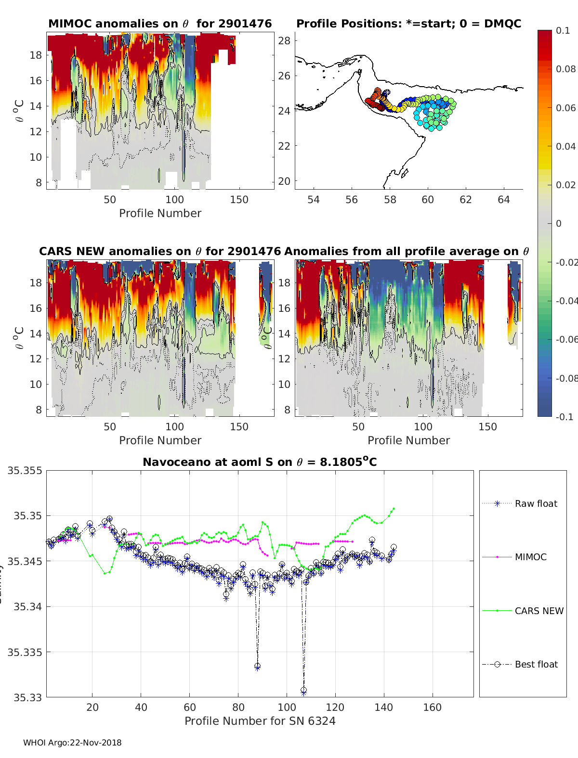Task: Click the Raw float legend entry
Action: tap(536, 503)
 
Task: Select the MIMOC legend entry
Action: tap(530, 557)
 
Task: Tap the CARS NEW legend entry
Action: tap(539, 611)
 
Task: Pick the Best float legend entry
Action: tap(536, 664)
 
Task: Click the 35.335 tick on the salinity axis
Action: tap(25, 652)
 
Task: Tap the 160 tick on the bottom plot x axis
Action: tap(432, 707)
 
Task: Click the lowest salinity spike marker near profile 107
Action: tap(303, 691)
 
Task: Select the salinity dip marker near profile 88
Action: tap(258, 667)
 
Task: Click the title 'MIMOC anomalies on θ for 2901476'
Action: tap(160, 24)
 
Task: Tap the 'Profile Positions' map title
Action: tap(408, 24)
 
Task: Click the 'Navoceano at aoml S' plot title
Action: tap(260, 462)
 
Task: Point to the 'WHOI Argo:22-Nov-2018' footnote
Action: tap(72, 743)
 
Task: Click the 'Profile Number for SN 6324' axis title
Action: tap(260, 721)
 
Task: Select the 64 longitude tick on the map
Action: tap(503, 200)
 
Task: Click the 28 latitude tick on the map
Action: tap(284, 40)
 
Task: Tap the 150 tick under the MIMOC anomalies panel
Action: tap(239, 200)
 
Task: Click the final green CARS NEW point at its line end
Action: tap(394, 508)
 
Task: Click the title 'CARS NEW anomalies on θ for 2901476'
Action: tap(159, 251)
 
